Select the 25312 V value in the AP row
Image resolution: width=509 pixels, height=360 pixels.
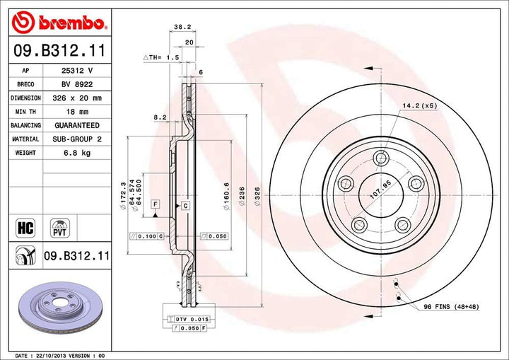coord(76,71)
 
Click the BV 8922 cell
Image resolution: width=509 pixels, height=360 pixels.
coord(76,84)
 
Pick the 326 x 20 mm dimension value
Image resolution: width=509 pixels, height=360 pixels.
coord(76,98)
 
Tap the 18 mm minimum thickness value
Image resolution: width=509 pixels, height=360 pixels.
coord(76,112)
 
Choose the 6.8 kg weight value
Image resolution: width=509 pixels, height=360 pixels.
coord(76,153)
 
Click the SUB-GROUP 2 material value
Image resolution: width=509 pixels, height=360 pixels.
coord(76,139)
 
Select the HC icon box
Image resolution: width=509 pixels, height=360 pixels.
coord(25,227)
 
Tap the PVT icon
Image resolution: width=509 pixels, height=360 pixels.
coord(59,228)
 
